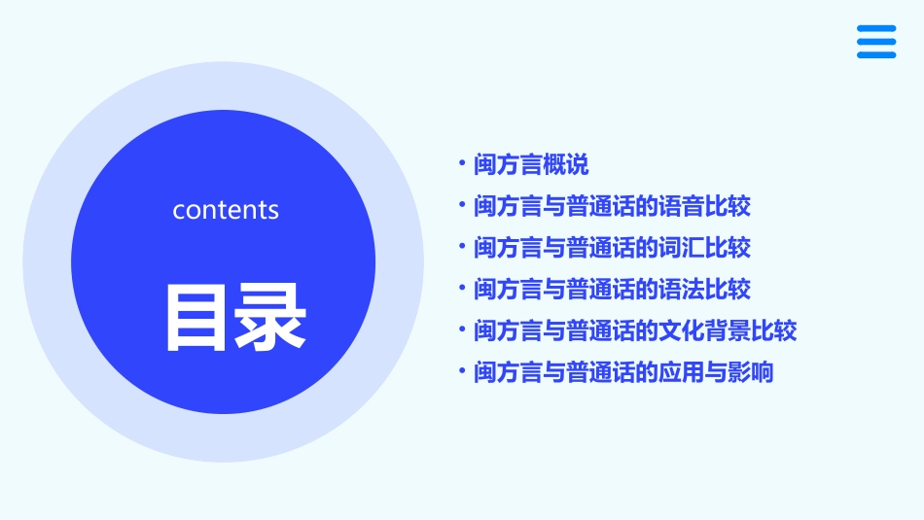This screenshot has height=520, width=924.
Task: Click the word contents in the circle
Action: pyautogui.click(x=226, y=210)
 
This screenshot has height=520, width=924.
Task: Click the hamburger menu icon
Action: pyautogui.click(x=876, y=42)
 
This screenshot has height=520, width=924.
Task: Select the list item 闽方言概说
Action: pyautogui.click(x=531, y=165)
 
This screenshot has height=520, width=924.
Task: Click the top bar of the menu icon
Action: pyautogui.click(x=876, y=28)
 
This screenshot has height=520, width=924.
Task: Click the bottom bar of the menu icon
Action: pyautogui.click(x=876, y=55)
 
